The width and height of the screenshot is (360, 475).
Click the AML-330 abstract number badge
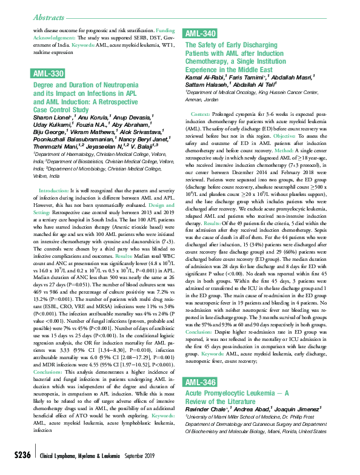(47, 73)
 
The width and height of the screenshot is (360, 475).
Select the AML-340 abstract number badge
(199, 34)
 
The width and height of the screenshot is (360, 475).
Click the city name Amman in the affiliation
(193, 99)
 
